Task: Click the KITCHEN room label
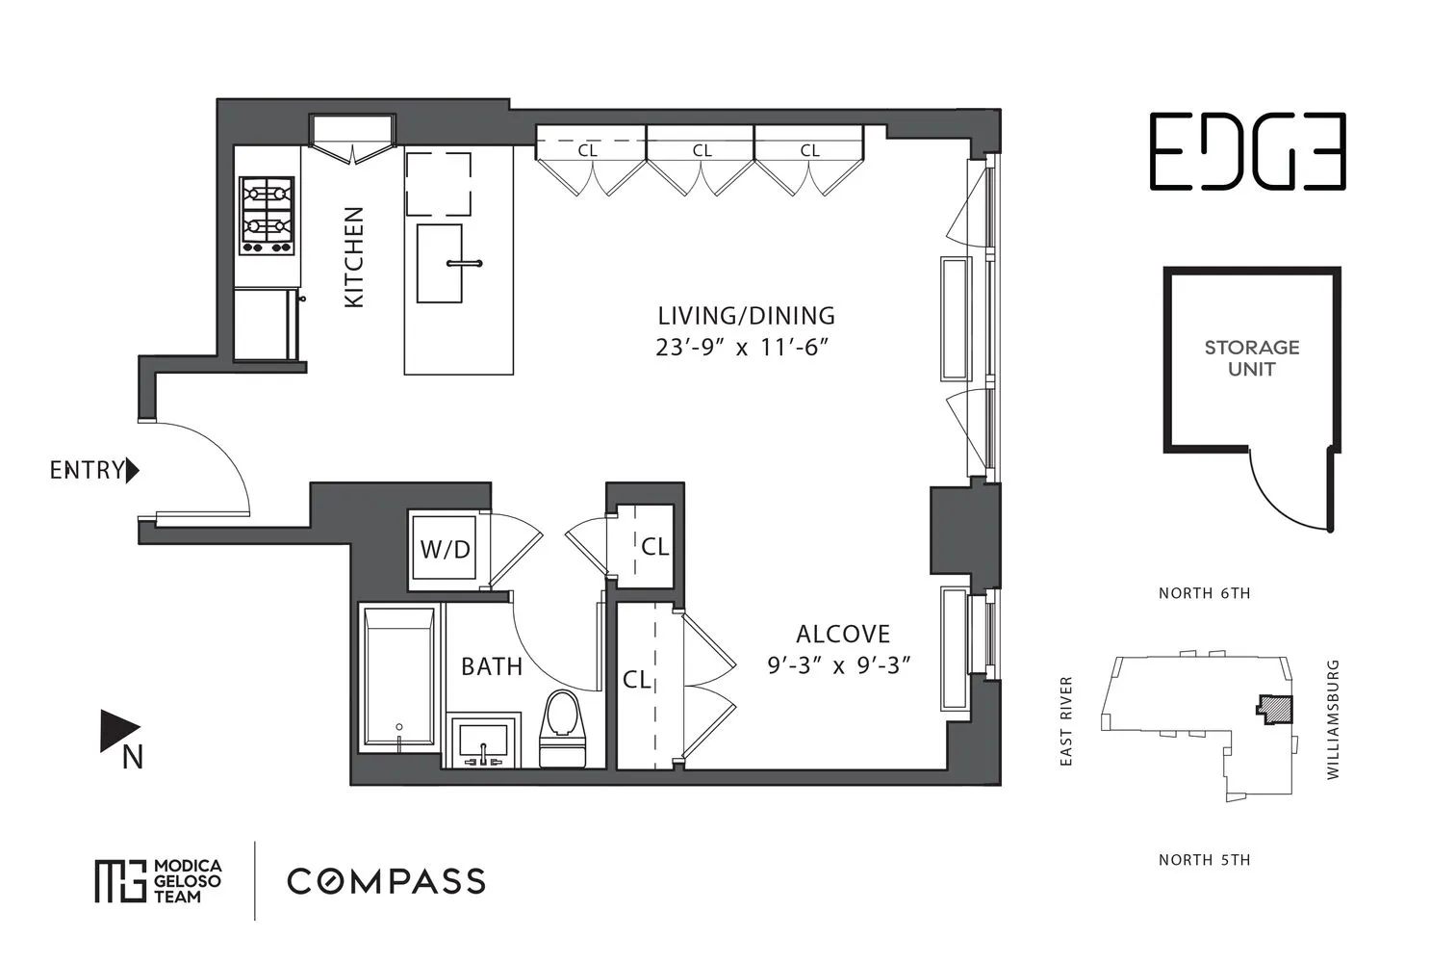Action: pos(354,257)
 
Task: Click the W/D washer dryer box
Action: pos(446,549)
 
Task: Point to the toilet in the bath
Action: pos(563,727)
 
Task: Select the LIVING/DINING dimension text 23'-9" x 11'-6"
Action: pos(742,348)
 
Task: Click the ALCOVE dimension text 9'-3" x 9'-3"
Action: pos(838,665)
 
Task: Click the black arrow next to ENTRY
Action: pos(133,471)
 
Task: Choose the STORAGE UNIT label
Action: pos(1251,358)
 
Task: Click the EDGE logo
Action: pos(1247,151)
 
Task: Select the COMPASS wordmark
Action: pos(386,881)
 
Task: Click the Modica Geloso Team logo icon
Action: pos(119,880)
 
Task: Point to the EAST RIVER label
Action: pos(1065,721)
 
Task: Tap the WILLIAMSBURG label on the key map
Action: pos(1333,719)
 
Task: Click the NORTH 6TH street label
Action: pos(1204,593)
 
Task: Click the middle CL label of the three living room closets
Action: pos(702,150)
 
